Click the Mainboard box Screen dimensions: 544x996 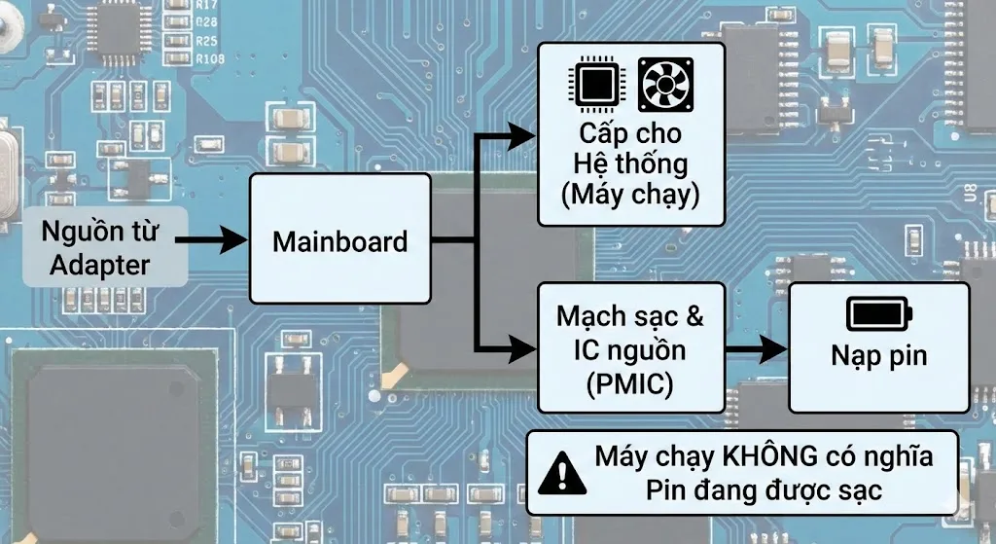pyautogui.click(x=339, y=239)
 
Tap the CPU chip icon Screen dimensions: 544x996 pyautogui.click(x=595, y=85)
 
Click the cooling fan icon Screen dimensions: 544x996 pyautogui.click(x=665, y=85)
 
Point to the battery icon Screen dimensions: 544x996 pyautogui.click(x=878, y=313)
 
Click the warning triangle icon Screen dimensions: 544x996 pyautogui.click(x=558, y=471)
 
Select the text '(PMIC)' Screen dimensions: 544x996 pyautogui.click(x=629, y=384)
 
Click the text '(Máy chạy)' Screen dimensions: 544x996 pyautogui.click(x=629, y=194)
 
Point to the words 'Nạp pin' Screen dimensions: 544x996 pyautogui.click(x=878, y=355)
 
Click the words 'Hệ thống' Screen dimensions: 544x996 pyautogui.click(x=629, y=163)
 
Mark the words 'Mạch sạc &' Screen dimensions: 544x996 pyautogui.click(x=629, y=316)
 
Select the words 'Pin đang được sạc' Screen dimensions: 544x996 pyautogui.click(x=764, y=489)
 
